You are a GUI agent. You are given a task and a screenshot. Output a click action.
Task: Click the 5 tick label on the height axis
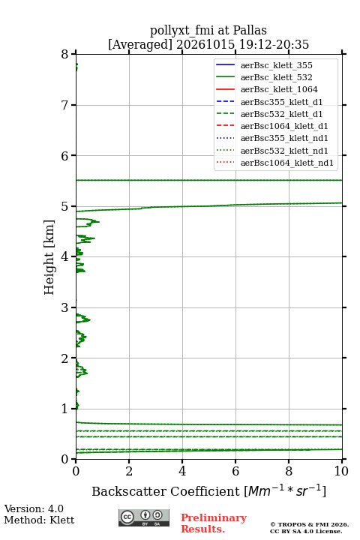65,207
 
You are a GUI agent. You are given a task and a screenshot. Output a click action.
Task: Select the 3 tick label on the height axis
65,307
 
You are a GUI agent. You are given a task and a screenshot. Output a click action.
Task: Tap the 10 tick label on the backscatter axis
341,471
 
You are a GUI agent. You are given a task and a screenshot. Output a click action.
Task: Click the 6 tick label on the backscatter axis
235,471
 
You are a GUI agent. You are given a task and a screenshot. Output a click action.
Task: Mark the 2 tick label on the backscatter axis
129,471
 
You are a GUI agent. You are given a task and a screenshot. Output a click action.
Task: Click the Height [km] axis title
49,257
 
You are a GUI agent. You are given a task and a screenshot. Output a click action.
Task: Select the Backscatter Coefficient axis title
208,490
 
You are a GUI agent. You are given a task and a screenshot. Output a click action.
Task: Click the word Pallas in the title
250,30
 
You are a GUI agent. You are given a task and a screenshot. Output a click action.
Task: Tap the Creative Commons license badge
144,517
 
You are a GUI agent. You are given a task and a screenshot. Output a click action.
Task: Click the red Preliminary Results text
214,523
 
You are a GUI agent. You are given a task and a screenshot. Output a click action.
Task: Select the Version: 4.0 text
34,508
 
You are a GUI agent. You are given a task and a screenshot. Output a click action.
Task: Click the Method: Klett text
39,520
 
